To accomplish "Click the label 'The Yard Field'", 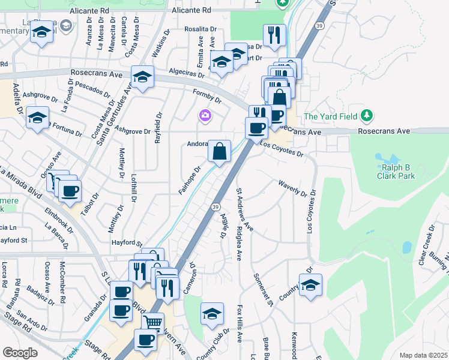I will pyautogui.click(x=331, y=116).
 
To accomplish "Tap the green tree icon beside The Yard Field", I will pyautogui.click(x=367, y=115).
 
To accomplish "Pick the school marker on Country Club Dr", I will pyautogui.click(x=212, y=314).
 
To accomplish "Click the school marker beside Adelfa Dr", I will pyautogui.click(x=37, y=117).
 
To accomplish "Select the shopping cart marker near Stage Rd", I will pyautogui.click(x=153, y=323).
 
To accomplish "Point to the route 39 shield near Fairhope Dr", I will pyautogui.click(x=214, y=206).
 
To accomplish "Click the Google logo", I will pyautogui.click(x=20, y=352).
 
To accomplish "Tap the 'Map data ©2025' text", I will pyautogui.click(x=423, y=355).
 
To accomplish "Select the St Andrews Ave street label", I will pyautogui.click(x=244, y=210).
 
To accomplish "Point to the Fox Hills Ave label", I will pyautogui.click(x=239, y=322).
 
